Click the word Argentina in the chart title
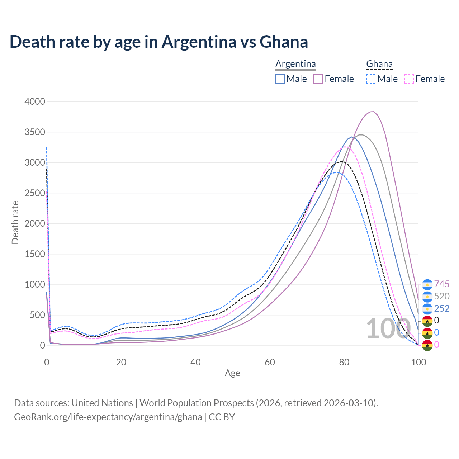coord(199,42)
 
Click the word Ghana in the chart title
coord(284,42)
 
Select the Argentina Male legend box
coord(280,79)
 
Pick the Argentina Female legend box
coord(318,79)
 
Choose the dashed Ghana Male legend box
coord(371,79)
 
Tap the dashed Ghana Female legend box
coord(409,79)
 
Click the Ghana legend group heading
coord(379,64)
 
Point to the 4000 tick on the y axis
coord(35,102)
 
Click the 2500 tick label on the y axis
coord(35,193)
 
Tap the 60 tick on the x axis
coord(270,362)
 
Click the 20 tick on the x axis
coord(121,362)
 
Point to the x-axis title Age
coord(232,373)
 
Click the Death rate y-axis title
coord(15,223)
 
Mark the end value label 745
coord(442,284)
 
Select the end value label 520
coord(442,297)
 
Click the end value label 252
coord(442,308)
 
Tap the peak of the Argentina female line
coord(373,112)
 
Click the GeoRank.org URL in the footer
coord(108,417)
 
